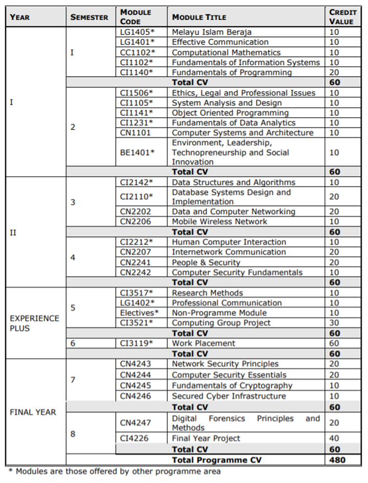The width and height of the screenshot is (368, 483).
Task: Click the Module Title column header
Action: [199, 17]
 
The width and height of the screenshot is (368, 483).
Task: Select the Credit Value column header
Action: [343, 17]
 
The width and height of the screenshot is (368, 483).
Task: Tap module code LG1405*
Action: [137, 32]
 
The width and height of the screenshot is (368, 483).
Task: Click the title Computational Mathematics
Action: [226, 52]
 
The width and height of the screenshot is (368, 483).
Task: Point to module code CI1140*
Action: [136, 73]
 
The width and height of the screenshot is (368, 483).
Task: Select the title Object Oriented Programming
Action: [230, 113]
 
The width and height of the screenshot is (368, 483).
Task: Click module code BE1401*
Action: [137, 153]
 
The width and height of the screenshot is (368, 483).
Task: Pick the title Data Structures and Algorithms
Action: [233, 182]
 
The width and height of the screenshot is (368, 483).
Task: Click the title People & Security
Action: [206, 262]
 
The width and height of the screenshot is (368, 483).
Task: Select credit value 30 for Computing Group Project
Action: [334, 323]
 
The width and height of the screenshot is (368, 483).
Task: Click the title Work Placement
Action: [203, 343]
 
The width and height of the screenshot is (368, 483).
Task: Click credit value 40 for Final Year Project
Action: [334, 438]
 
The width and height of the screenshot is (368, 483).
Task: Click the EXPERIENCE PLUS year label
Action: [35, 323]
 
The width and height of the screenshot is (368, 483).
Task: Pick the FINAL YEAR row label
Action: [33, 413]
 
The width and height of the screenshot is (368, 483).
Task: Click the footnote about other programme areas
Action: [114, 472]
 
